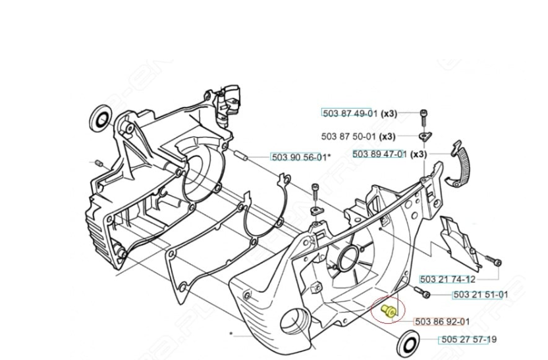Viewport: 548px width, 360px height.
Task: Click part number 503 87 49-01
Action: point(347,113)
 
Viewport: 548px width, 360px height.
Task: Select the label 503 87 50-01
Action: point(347,136)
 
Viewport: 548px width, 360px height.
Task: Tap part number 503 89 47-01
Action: point(379,154)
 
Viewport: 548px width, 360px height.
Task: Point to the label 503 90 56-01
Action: point(298,157)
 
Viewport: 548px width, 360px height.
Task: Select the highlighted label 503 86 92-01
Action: point(442,321)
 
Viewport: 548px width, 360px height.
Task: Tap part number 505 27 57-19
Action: point(468,340)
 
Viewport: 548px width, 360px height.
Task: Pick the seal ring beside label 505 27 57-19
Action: point(408,344)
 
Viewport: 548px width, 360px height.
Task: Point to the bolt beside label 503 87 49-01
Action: point(423,115)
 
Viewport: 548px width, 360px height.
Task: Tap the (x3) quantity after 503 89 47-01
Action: point(418,154)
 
